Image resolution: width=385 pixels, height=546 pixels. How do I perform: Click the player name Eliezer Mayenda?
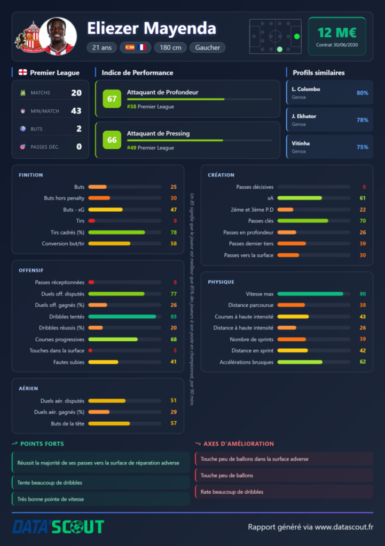point(151,29)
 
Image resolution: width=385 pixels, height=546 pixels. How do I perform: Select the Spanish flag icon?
point(130,47)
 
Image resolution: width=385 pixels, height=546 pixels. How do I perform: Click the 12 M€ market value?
point(337,33)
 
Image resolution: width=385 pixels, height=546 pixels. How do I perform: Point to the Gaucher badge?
point(208,47)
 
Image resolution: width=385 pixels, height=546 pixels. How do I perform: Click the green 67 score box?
point(112,99)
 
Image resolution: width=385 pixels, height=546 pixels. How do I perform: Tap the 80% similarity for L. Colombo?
point(363,93)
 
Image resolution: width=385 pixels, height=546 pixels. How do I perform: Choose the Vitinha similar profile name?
point(301,143)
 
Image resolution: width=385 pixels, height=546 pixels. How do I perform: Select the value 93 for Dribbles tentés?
point(174,317)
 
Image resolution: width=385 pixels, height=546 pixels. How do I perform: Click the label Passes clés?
point(261,221)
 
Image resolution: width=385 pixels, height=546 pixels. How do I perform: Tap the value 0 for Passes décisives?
point(364,187)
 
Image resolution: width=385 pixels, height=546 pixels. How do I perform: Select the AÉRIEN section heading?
point(28,388)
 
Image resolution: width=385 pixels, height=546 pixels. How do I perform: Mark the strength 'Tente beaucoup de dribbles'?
point(50,483)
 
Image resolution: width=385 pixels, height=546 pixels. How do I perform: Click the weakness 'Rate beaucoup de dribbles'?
point(232,492)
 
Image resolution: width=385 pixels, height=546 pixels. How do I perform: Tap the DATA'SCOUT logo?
point(58,526)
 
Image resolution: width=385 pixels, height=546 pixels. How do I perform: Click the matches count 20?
point(76,93)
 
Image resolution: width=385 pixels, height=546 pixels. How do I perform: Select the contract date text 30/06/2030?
point(345,45)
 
